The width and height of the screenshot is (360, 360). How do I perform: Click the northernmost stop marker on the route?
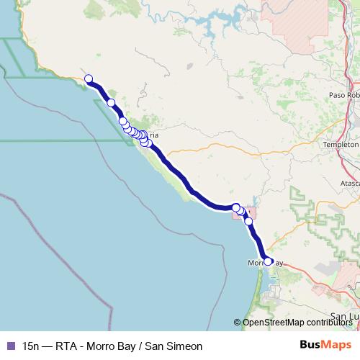89,78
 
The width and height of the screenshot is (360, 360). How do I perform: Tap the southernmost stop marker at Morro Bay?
268,261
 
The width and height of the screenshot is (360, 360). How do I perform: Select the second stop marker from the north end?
111,103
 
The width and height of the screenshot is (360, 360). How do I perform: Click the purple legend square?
10,346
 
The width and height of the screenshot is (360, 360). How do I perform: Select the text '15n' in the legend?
32,346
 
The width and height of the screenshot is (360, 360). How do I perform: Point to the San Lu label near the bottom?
343,316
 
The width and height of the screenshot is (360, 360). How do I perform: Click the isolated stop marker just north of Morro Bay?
249,221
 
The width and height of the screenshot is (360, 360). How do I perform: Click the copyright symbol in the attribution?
238,323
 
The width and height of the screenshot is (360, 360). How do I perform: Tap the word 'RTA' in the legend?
71,346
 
